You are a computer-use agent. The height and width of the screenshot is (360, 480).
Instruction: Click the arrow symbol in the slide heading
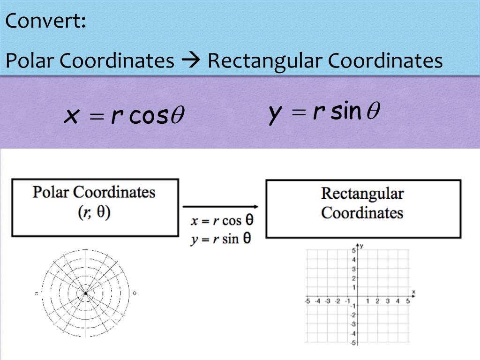191,61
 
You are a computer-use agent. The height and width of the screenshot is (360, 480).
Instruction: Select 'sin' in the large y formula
346,112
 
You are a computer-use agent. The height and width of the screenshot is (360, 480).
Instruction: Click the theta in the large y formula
373,112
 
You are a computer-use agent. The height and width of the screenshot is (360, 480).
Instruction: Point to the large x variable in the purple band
71,116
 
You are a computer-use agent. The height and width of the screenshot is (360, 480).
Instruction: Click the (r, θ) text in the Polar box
94,212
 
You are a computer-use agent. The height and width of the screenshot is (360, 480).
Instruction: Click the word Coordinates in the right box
362,212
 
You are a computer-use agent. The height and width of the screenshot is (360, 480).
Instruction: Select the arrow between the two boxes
220,206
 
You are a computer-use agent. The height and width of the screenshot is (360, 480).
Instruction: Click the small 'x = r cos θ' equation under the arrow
222,221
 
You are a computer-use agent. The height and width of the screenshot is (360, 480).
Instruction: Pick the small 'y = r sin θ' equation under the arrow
221,239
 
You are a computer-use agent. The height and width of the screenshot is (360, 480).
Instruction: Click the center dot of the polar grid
86,293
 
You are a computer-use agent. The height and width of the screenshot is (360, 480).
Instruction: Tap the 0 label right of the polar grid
135,293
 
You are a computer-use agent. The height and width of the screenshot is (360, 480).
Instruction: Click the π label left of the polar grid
36,293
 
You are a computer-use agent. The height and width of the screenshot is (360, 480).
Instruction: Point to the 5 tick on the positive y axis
354,250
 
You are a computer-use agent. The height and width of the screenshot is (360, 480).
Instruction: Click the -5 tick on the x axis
307,301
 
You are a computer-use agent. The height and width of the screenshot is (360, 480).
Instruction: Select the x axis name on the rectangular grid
413,292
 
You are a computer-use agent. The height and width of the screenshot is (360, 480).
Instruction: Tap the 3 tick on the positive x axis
388,301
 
